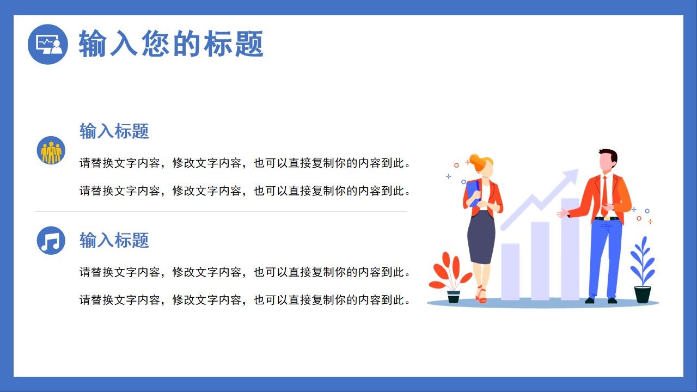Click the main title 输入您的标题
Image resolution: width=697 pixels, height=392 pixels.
click(171, 44)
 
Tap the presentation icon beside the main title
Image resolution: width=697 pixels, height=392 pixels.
click(48, 44)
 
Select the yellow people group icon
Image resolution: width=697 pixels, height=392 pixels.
click(51, 151)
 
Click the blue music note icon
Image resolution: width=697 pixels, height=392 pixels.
click(51, 240)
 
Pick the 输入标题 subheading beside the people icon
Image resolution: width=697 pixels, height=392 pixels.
click(114, 131)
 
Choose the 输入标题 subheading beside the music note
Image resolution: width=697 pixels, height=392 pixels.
click(114, 240)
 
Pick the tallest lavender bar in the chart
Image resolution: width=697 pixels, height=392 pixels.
click(570, 250)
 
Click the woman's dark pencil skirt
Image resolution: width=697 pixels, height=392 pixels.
click(481, 237)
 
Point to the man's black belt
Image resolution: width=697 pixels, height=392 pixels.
click(607, 218)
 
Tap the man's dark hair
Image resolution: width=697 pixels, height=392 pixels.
click(608, 155)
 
